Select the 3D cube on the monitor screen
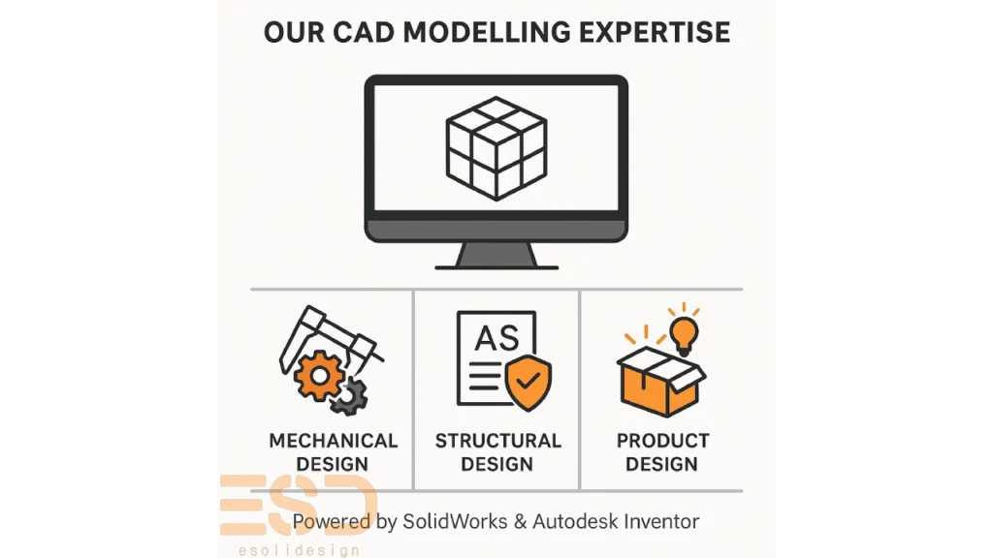pos(496,147)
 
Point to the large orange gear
pos(319,375)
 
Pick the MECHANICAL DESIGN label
pos(333,452)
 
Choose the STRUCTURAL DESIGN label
pos(497,452)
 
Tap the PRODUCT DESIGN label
pos(662,452)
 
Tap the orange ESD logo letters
pos(297,505)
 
